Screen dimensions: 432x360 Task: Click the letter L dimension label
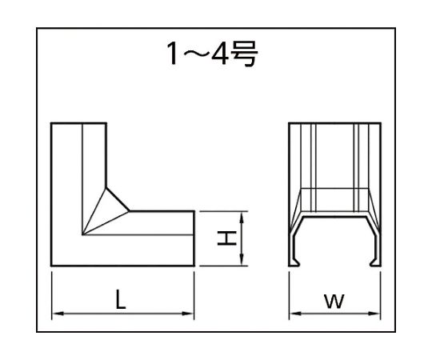[120, 299]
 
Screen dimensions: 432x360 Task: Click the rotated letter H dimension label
[226, 238]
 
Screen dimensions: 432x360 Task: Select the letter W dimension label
[334, 301]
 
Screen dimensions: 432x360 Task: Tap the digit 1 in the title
[173, 54]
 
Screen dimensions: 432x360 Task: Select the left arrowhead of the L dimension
[58, 314]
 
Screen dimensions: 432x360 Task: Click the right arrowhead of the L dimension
[188, 314]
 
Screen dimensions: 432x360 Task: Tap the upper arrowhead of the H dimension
[242, 218]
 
